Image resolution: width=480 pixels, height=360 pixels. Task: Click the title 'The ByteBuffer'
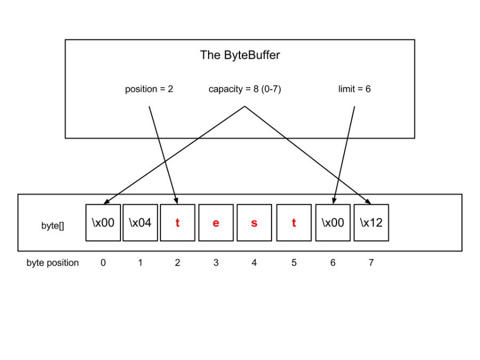[x=239, y=55]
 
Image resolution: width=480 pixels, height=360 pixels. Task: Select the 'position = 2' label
[x=149, y=89]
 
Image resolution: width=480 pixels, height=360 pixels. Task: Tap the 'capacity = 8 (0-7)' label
[x=244, y=89]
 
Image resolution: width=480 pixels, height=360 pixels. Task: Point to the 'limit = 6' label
[x=354, y=89]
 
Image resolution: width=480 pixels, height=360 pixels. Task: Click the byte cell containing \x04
[x=140, y=223]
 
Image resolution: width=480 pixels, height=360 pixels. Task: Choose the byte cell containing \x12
[x=371, y=223]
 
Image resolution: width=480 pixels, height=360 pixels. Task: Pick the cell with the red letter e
[x=216, y=223]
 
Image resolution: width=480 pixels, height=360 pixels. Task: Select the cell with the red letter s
[x=254, y=223]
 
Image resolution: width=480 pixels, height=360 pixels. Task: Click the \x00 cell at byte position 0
[x=103, y=223]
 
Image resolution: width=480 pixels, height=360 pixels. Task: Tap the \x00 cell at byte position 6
[x=333, y=223]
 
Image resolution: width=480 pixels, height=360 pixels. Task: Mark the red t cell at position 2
[x=178, y=223]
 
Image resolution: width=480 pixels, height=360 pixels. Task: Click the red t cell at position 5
[x=294, y=223]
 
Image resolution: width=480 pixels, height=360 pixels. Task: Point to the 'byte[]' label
[x=53, y=226]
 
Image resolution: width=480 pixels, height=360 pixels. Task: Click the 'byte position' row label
[x=53, y=263]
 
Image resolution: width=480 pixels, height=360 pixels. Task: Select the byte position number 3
[x=216, y=263]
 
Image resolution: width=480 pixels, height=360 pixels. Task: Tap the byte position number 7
[x=371, y=263]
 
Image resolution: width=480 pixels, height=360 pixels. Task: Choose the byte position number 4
[x=254, y=263]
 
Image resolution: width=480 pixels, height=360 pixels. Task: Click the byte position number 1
[x=140, y=263]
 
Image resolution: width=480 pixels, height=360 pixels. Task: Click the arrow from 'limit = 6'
[x=344, y=155]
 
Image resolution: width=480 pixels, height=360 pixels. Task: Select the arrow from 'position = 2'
[x=163, y=155]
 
